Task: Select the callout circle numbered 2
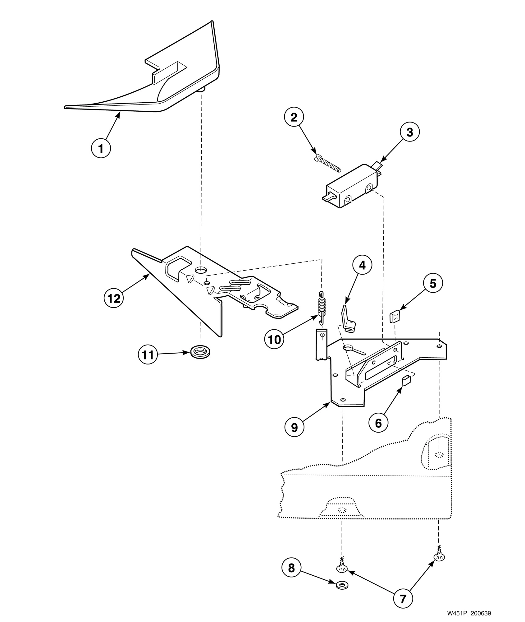click(294, 117)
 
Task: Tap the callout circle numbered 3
click(409, 132)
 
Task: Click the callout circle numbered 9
click(294, 427)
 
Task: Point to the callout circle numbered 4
click(362, 265)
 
